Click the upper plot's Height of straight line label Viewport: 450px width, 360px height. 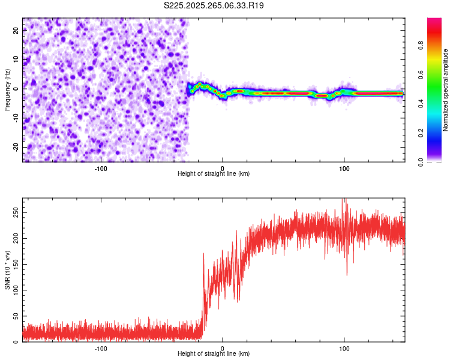pyautogui.click(x=214, y=173)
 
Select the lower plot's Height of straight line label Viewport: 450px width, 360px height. pyautogui.click(x=214, y=353)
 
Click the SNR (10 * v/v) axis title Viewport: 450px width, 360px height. pyautogui.click(x=7, y=270)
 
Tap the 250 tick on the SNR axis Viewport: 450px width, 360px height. pyautogui.click(x=14, y=212)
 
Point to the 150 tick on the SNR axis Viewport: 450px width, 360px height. pyautogui.click(x=14, y=264)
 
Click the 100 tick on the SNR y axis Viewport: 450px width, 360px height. pyautogui.click(x=14, y=290)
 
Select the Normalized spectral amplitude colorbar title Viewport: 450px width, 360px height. pyautogui.click(x=446, y=90)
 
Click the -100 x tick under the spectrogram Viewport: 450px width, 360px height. pyautogui.click(x=101, y=168)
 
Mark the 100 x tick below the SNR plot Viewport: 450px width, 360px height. pyautogui.click(x=344, y=348)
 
